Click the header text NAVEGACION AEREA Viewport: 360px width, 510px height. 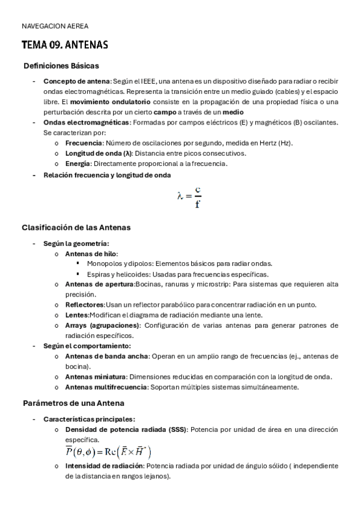pos(55,27)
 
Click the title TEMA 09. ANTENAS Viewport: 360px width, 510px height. pos(64,45)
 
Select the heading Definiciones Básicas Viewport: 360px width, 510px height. pos(61,66)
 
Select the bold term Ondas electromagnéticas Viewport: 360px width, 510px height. pos(87,122)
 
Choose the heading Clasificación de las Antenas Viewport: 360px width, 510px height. pos(76,228)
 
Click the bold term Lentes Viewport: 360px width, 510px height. pos(77,315)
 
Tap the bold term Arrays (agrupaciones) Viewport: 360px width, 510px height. pos(103,325)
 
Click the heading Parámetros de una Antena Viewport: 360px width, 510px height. pos(73,403)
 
